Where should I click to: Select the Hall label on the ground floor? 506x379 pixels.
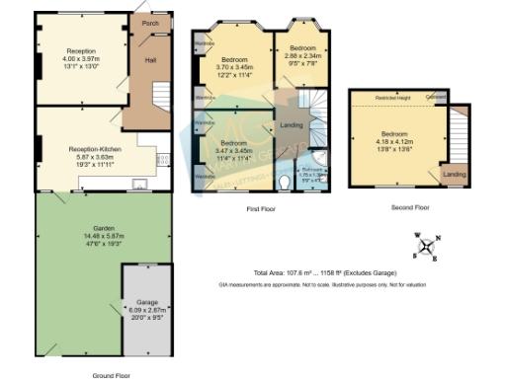click(151, 60)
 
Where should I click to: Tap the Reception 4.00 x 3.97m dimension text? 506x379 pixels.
click(81, 57)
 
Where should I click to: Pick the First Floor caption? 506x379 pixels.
click(261, 208)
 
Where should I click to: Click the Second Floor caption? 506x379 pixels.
click(409, 208)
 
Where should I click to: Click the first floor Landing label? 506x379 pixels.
click(292, 124)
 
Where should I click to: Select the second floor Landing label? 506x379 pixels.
click(454, 175)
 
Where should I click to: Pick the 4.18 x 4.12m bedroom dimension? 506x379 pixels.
click(394, 140)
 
